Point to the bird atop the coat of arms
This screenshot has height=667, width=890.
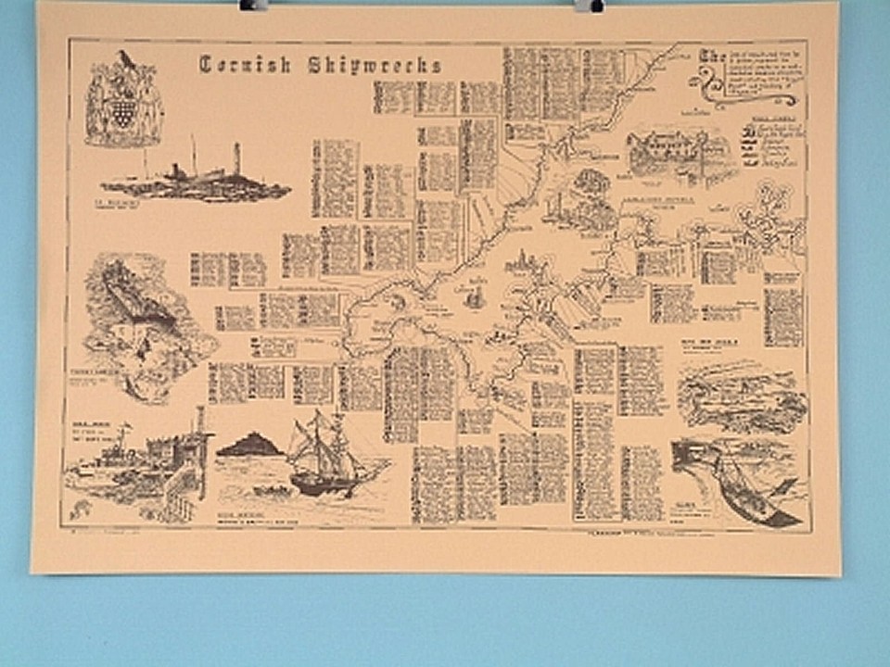pyautogui.click(x=124, y=59)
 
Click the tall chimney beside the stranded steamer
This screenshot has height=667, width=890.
pyautogui.click(x=237, y=158)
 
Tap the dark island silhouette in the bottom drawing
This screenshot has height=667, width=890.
pyautogui.click(x=248, y=447)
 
